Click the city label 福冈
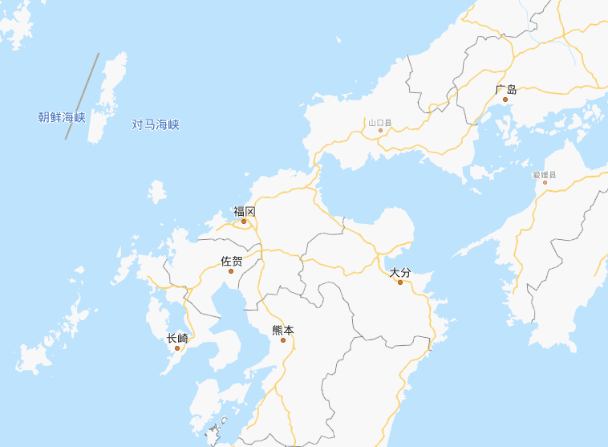pos(245,211)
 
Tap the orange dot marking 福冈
pos(244,221)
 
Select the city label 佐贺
pos(232,261)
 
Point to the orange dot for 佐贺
pos(231,271)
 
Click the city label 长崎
pos(177,338)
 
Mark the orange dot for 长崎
pos(177,348)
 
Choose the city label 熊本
pos(283,330)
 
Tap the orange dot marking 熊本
pos(283,340)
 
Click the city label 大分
pos(400,273)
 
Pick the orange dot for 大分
pos(400,282)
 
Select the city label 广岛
pos(506,90)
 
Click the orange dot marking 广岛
pos(505,100)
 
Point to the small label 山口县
pos(380,124)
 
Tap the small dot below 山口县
pos(380,131)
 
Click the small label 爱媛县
pos(544,174)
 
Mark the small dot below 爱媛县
pos(545,182)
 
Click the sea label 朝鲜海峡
pos(62,117)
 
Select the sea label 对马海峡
pos(156,124)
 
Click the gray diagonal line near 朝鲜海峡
pos(82,96)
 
